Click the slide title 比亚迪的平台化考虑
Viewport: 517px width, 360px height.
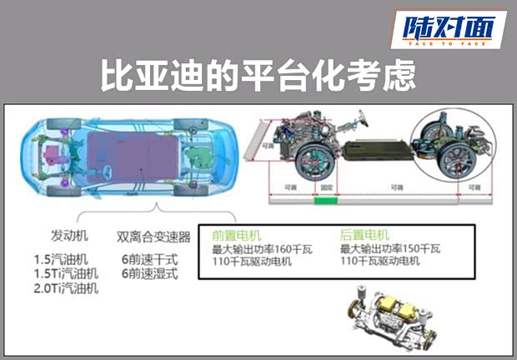[258, 77]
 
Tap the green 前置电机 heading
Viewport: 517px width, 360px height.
[236, 235]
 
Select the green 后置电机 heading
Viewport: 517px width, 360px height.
[364, 235]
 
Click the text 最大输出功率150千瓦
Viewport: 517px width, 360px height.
[390, 248]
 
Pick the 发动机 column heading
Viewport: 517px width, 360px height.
[69, 236]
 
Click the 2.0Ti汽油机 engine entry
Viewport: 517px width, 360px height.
[66, 288]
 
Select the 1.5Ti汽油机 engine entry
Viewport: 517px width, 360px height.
[66, 273]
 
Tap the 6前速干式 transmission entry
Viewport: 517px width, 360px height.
[148, 258]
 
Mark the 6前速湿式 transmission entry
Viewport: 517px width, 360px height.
[148, 273]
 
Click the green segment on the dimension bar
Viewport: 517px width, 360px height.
[325, 201]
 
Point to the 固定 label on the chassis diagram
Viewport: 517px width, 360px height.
[325, 188]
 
